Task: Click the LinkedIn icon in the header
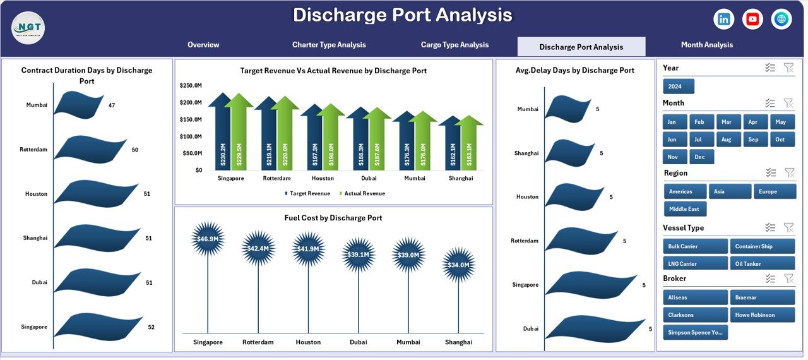pyautogui.click(x=723, y=20)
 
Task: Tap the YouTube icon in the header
pyautogui.click(x=752, y=20)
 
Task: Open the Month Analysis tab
pyautogui.click(x=706, y=45)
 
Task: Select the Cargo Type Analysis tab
pyautogui.click(x=454, y=45)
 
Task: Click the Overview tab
pyautogui.click(x=203, y=45)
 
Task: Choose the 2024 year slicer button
pyautogui.click(x=679, y=87)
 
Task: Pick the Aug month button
pyautogui.click(x=727, y=140)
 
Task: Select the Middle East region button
pyautogui.click(x=686, y=209)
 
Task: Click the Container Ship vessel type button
pyautogui.click(x=762, y=246)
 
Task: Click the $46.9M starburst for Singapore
pyautogui.click(x=208, y=239)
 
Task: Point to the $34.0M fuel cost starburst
pyautogui.click(x=458, y=265)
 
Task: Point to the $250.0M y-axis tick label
pyautogui.click(x=191, y=85)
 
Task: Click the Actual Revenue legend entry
pyautogui.click(x=362, y=194)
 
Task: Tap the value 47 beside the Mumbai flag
pyautogui.click(x=112, y=105)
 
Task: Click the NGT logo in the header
pyautogui.click(x=28, y=28)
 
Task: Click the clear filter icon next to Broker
pyautogui.click(x=788, y=279)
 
